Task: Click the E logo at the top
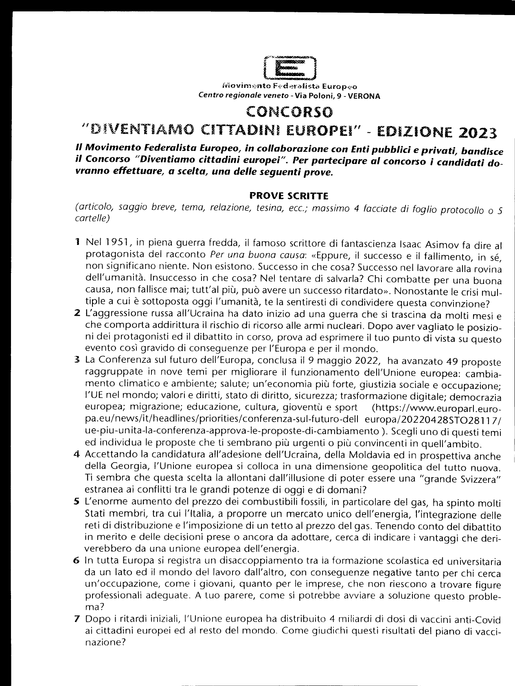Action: click(x=289, y=67)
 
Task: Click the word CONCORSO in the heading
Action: click(x=289, y=111)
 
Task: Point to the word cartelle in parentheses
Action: click(x=92, y=218)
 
